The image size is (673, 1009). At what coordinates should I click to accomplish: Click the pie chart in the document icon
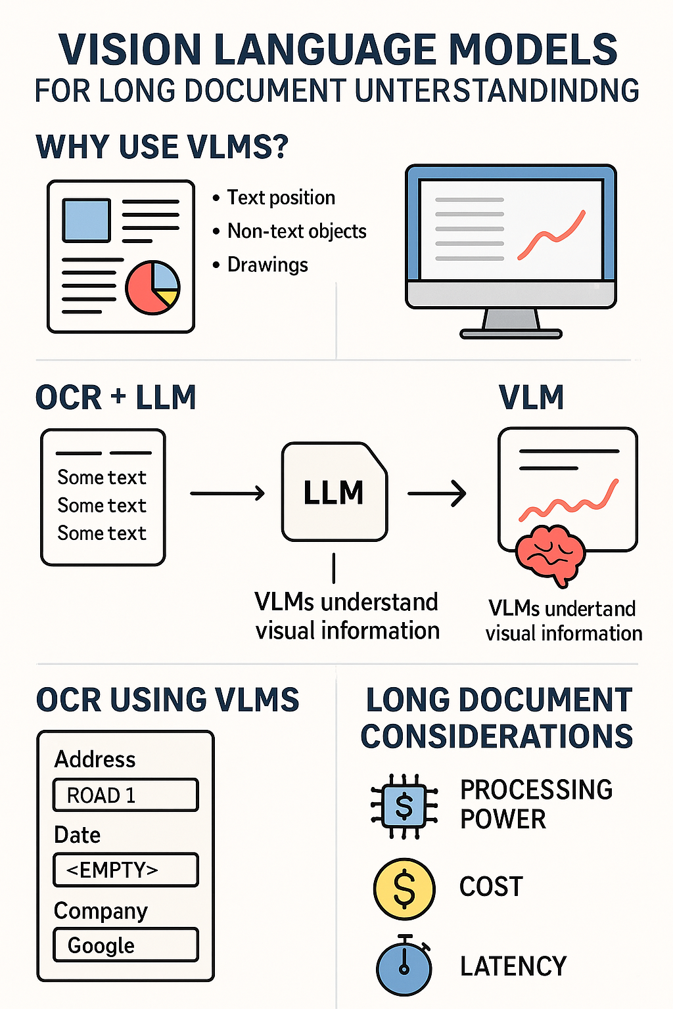[152, 287]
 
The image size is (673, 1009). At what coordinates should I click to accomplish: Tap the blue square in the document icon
[86, 220]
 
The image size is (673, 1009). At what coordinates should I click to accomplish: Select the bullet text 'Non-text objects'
[296, 231]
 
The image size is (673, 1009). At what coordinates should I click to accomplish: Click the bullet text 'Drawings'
[267, 265]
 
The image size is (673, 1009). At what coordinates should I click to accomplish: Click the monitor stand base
[511, 333]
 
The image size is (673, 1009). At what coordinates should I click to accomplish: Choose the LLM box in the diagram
[334, 492]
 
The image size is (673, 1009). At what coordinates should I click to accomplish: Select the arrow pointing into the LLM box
[227, 493]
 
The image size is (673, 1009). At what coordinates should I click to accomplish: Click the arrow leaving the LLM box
[437, 493]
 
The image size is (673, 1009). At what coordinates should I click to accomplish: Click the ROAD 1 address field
[126, 795]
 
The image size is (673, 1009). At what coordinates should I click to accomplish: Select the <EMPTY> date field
[126, 870]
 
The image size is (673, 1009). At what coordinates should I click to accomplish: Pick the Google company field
[126, 945]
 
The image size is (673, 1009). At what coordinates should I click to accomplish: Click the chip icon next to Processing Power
[404, 805]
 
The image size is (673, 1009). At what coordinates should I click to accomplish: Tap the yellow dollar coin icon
[404, 888]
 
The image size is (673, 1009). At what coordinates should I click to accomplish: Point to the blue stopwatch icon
[404, 966]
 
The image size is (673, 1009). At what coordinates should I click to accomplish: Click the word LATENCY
[513, 966]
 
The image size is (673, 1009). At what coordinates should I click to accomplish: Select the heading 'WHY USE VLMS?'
[162, 146]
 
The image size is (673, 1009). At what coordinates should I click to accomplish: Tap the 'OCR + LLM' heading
[116, 397]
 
